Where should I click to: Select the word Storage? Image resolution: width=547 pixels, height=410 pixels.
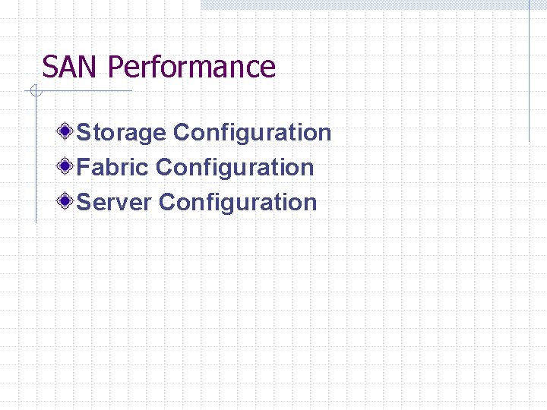122,133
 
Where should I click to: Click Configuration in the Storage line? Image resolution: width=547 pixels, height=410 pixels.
252,134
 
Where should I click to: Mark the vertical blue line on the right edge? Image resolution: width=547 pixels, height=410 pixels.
529,76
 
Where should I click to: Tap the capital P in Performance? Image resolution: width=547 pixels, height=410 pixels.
115,67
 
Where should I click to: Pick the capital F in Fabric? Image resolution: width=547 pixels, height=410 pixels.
84,167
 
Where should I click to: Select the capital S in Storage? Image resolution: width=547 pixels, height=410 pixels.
84,133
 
